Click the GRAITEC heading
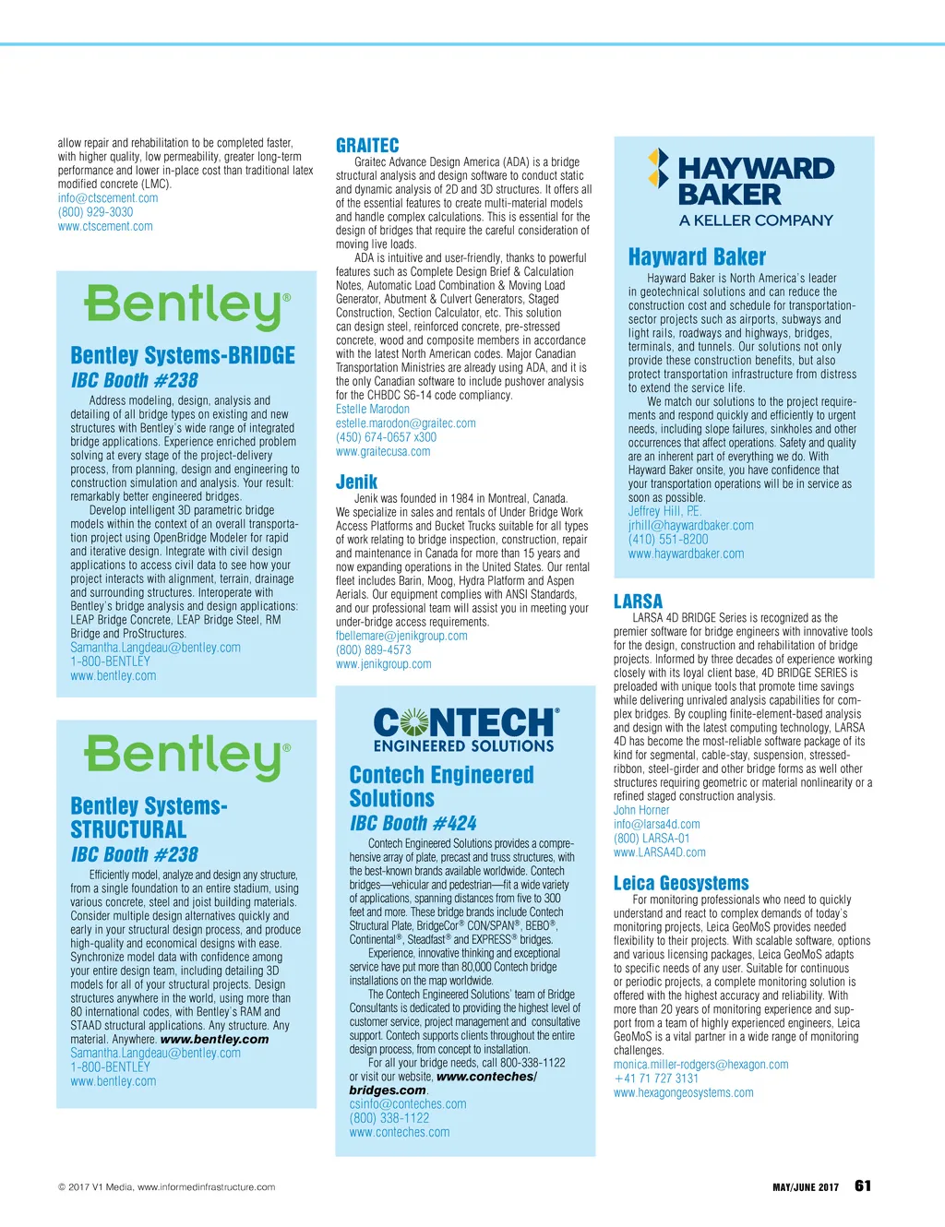[x=367, y=146]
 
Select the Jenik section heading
[x=356, y=482]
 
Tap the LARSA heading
[x=638, y=602]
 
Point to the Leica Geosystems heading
[x=681, y=883]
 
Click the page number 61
[x=863, y=1186]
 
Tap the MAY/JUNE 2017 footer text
[x=805, y=1187]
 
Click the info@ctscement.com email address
[x=108, y=198]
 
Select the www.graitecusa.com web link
[x=383, y=451]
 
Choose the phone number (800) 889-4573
[x=374, y=649]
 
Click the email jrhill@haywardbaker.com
[x=691, y=525]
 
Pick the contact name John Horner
[x=641, y=810]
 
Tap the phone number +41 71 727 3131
[x=656, y=1078]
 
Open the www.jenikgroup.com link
[x=383, y=664]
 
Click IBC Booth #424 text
[x=413, y=823]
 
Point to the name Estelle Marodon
[x=373, y=409]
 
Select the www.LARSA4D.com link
[x=660, y=852]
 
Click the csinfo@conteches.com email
[x=408, y=1103]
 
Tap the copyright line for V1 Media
[x=166, y=1187]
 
